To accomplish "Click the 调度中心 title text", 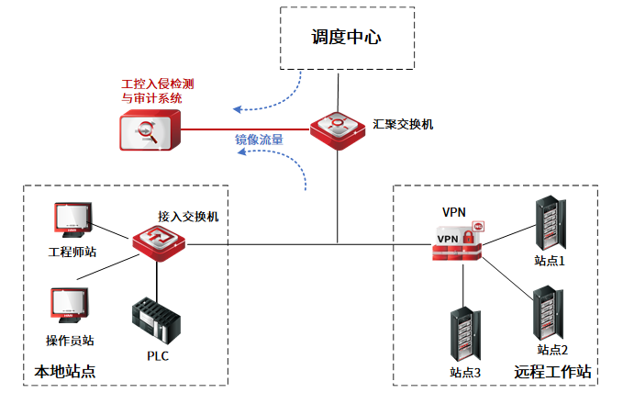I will coord(345,38).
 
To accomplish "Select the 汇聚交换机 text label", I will coord(403,122).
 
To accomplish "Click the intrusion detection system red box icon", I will coord(150,129).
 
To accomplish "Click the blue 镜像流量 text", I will coord(258,140).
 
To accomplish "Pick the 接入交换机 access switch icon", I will coord(159,242).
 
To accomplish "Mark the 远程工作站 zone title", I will coord(552,372).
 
